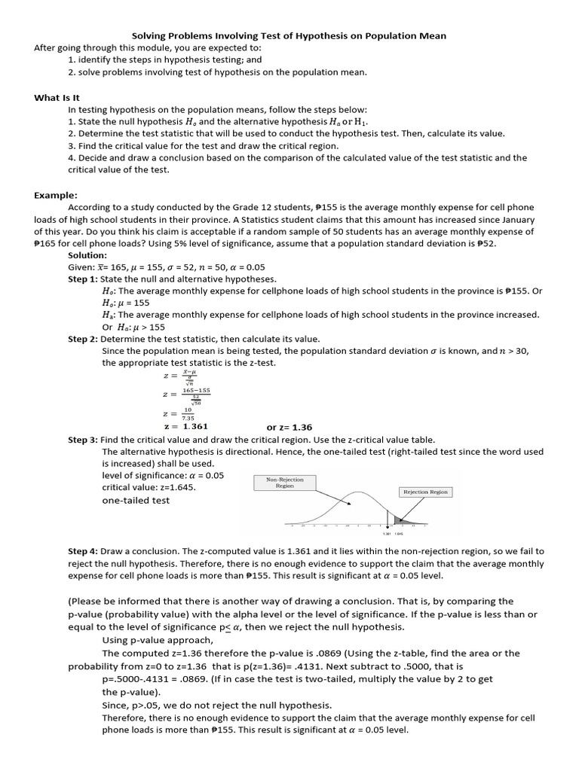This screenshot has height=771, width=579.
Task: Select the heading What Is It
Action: point(56,97)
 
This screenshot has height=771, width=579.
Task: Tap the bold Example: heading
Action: point(56,195)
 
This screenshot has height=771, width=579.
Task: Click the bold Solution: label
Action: point(88,255)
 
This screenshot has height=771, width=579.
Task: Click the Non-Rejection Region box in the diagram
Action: point(286,483)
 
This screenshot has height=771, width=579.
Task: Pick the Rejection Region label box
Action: point(425,492)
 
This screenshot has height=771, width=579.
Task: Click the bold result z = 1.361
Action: point(185,426)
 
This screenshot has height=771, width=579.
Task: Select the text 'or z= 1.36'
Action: point(289,427)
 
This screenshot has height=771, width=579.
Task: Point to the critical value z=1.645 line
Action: point(149,487)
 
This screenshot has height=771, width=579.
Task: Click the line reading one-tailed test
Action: point(136,501)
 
